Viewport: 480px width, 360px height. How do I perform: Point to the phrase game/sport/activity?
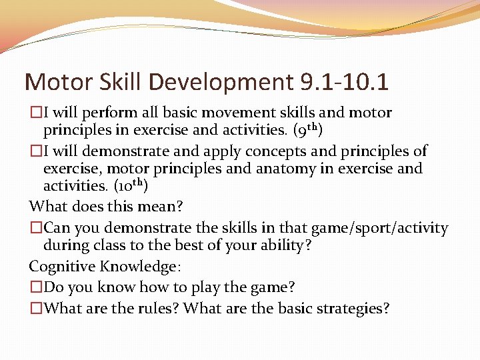coord(376,228)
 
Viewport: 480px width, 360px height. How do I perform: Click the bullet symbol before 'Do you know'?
coord(35,287)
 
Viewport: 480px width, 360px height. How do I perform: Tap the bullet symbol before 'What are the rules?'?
coord(35,309)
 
